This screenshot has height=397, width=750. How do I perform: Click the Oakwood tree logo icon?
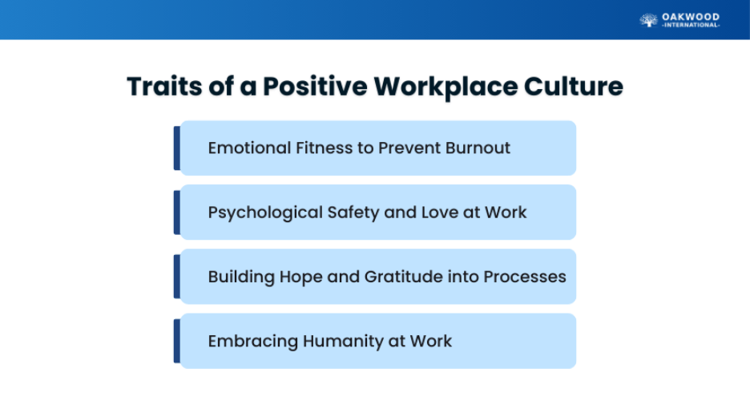tap(648, 20)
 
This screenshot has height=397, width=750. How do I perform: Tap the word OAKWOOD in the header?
tap(691, 17)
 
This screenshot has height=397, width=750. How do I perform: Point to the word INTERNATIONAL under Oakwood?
tap(691, 26)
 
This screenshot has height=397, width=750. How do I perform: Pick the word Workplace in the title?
tap(446, 87)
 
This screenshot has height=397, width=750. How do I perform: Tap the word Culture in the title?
tap(574, 87)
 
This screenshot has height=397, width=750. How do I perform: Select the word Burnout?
tap(478, 148)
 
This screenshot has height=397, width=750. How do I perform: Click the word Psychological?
tap(265, 213)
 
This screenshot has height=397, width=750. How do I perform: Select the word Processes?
tap(525, 277)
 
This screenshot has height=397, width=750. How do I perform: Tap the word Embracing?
tap(253, 342)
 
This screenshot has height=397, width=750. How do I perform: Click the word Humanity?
tap(344, 342)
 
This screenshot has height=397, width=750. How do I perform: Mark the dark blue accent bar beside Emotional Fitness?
tap(177, 148)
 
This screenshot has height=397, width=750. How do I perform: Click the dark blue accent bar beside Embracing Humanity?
tap(177, 341)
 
